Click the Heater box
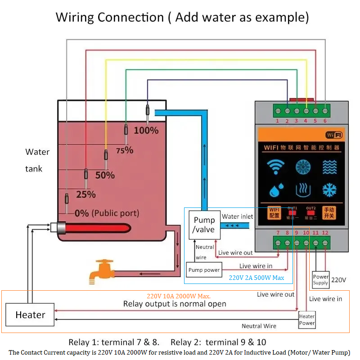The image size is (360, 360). [30, 315]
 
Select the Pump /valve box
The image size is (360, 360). [204, 225]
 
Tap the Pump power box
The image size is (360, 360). [204, 270]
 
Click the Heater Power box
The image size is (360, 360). [307, 319]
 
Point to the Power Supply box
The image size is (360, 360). [321, 279]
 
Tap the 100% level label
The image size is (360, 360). [146, 130]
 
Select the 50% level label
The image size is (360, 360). [105, 175]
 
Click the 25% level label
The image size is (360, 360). [85, 194]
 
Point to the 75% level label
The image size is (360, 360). [125, 150]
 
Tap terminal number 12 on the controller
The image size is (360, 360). [325, 243]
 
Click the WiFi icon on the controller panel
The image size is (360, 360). [275, 167]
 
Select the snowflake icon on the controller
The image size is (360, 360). [329, 190]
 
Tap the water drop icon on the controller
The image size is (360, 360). [275, 190]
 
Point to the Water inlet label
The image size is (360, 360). [237, 216]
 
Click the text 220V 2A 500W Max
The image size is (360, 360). [256, 278]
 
